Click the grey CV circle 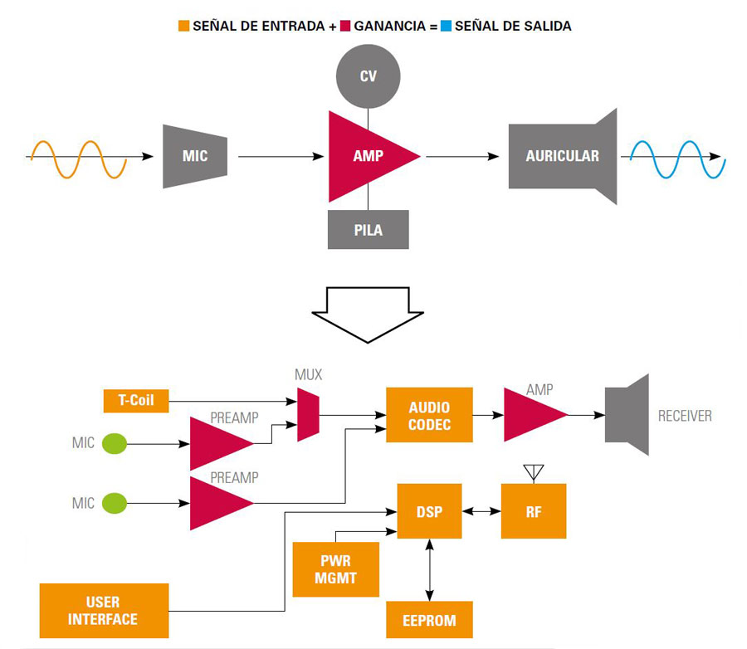point(368,76)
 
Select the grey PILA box point(368,229)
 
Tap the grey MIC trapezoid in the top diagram point(195,156)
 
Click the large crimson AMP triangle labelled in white point(365,156)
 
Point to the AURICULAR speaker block point(563,156)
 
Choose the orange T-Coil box point(135,401)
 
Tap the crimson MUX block point(308,416)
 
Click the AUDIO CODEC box point(429,415)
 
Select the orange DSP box point(429,511)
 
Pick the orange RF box point(534,511)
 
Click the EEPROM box point(429,620)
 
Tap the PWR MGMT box point(335,569)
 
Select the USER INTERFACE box point(104,610)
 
